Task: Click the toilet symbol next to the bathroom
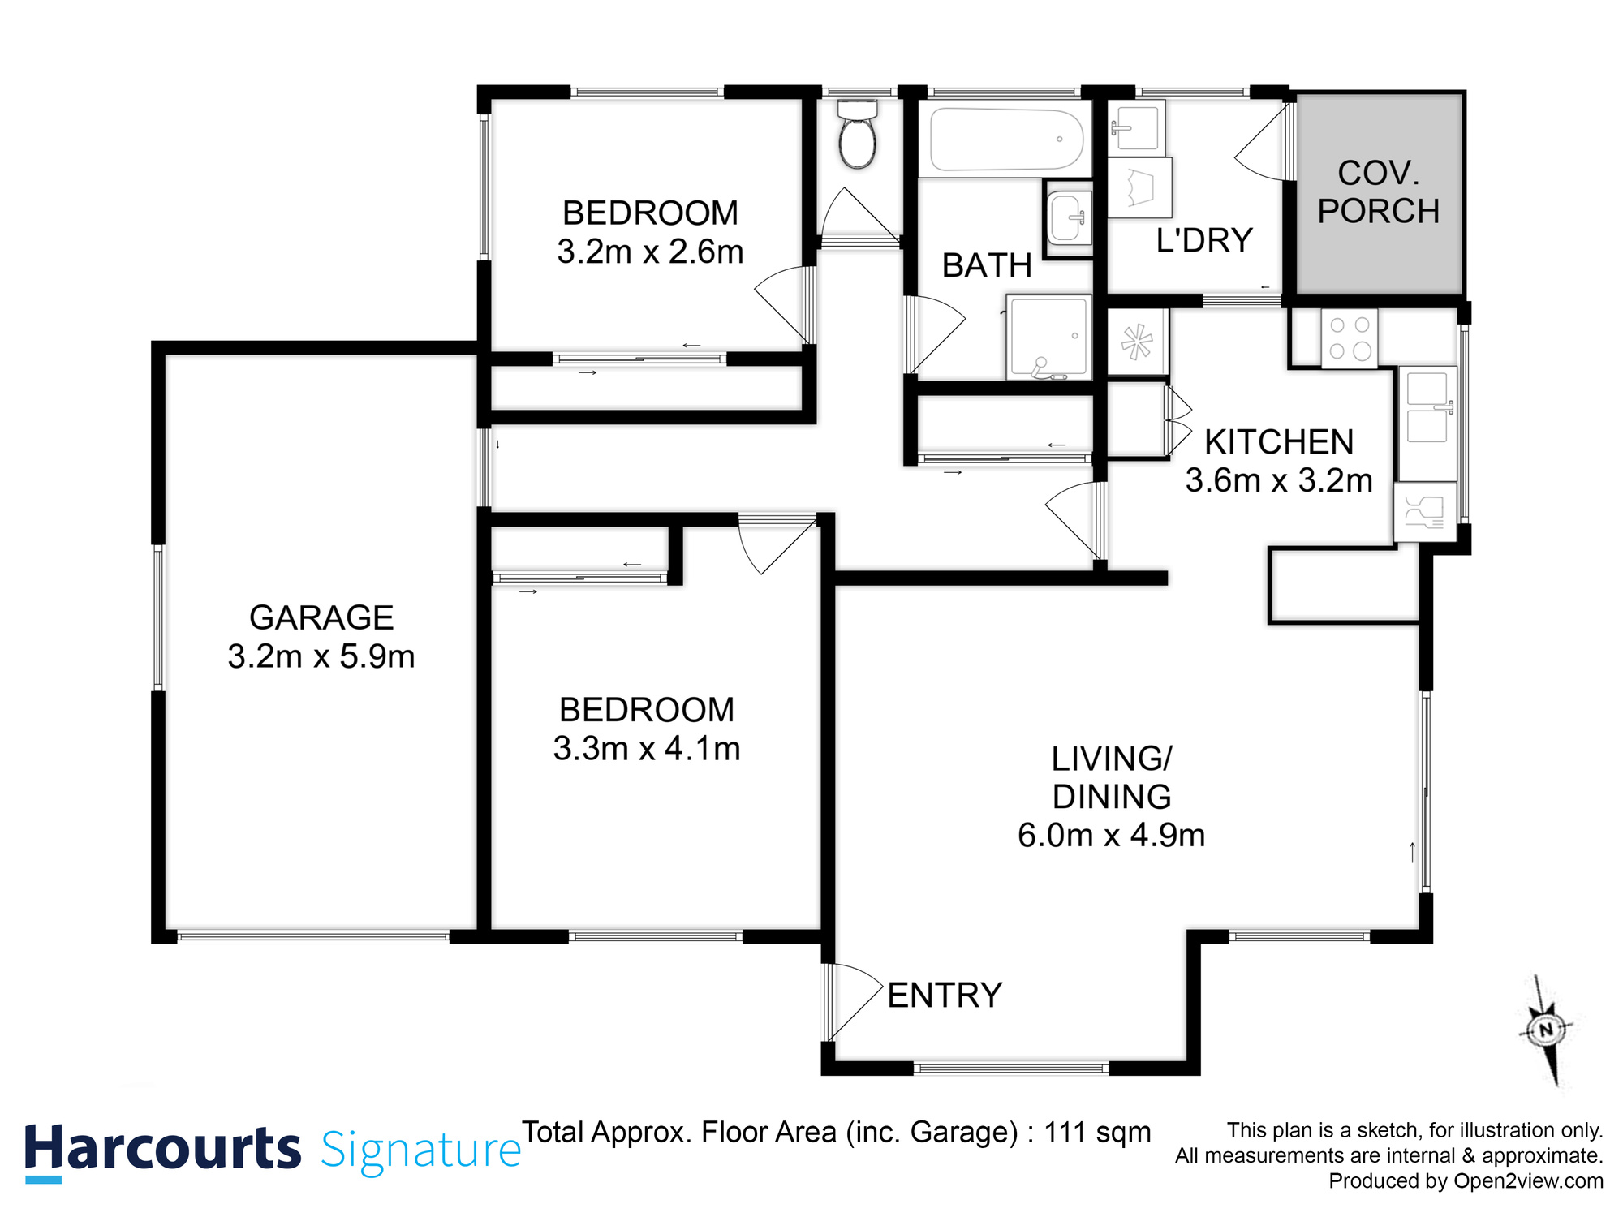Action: point(857,136)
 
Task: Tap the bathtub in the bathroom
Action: point(1005,140)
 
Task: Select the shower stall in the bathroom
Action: point(1048,338)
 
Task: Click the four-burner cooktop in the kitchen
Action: point(1349,338)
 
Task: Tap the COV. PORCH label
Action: point(1378,192)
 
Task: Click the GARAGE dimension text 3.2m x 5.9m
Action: point(321,656)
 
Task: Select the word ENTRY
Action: point(945,996)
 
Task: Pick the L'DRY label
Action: point(1203,241)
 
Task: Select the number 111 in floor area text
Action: point(1064,1132)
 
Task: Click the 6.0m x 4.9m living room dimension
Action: point(1111,835)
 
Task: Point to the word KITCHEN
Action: point(1279,442)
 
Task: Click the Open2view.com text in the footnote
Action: point(1528,1180)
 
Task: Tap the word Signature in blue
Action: point(420,1150)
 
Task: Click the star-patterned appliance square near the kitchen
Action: point(1137,342)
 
